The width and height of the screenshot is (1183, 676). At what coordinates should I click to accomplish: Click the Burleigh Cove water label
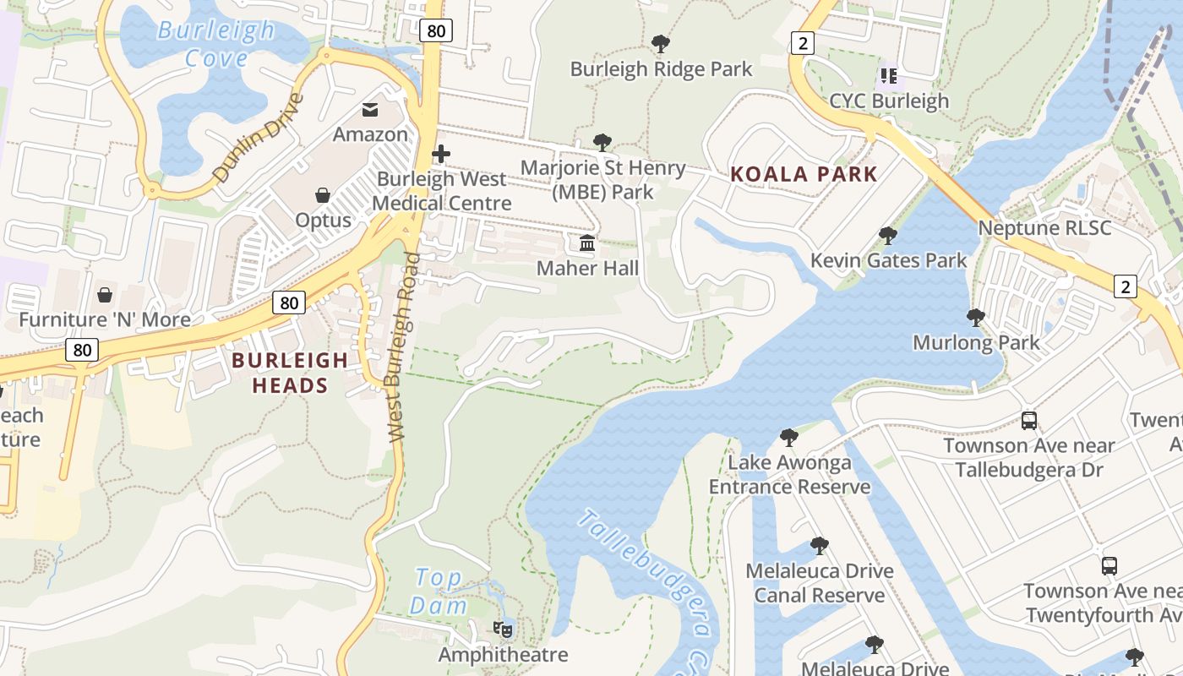tap(216, 44)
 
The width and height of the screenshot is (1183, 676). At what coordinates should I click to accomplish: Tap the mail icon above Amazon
tap(370, 109)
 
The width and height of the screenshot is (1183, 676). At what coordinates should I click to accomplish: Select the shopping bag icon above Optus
tap(323, 195)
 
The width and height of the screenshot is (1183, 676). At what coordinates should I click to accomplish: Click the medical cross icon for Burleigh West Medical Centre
tap(441, 154)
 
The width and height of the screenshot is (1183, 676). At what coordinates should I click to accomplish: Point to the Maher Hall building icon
tap(587, 244)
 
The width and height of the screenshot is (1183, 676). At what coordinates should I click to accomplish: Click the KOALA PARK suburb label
tap(804, 175)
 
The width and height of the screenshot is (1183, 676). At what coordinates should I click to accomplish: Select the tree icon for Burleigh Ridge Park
tap(661, 43)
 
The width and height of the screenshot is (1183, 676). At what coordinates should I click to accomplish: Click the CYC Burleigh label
tap(889, 101)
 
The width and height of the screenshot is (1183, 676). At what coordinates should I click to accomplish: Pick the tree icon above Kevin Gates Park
tap(887, 235)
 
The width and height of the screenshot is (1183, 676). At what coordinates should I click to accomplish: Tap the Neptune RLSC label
tap(1044, 228)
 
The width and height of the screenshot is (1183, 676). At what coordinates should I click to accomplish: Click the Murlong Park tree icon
tap(976, 318)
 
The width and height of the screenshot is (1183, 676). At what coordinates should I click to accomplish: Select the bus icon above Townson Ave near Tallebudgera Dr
tap(1029, 420)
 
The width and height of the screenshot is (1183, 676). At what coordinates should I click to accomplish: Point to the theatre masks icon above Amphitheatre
tap(503, 629)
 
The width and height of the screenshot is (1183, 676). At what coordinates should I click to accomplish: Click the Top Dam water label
tap(439, 591)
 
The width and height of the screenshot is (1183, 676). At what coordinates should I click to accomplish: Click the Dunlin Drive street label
tap(258, 138)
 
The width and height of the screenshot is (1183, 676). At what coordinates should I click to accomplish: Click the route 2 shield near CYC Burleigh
tap(802, 42)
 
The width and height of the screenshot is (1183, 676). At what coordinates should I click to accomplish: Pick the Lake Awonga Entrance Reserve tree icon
tap(789, 437)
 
